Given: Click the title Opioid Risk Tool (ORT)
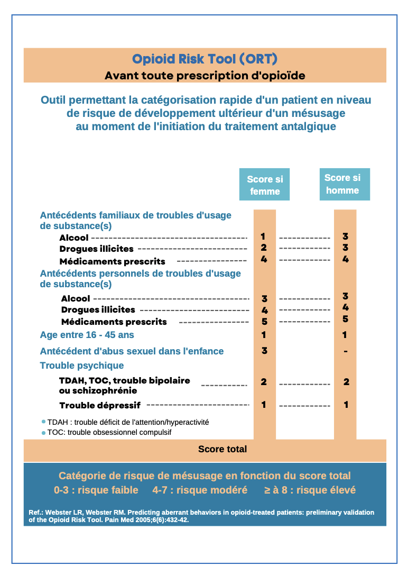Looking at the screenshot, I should pyautogui.click(x=205, y=58).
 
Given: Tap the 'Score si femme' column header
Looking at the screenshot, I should pyautogui.click(x=265, y=185).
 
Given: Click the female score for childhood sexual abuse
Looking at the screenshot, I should pyautogui.click(x=264, y=351).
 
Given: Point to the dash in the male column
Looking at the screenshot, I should pyautogui.click(x=345, y=351).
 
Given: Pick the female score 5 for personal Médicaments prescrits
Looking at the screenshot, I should pyautogui.click(x=264, y=321).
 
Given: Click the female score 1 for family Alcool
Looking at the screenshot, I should pyautogui.click(x=263, y=236).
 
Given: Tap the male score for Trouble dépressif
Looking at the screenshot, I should pyautogui.click(x=346, y=405).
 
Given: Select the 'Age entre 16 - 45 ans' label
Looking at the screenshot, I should pyautogui.click(x=87, y=335).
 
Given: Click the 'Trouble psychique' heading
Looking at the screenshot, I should pyautogui.click(x=82, y=366).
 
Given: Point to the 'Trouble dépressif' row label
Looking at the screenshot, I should pyautogui.click(x=100, y=405).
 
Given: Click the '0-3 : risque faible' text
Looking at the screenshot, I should pyautogui.click(x=96, y=490).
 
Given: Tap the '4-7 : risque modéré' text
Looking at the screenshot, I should pyautogui.click(x=200, y=490).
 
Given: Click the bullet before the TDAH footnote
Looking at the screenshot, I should pyautogui.click(x=43, y=422).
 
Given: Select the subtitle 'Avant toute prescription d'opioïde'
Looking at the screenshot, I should pyautogui.click(x=205, y=75).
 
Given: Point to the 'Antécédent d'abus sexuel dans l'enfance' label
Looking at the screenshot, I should pyautogui.click(x=132, y=351).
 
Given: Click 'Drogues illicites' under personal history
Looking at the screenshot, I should pyautogui.click(x=98, y=309).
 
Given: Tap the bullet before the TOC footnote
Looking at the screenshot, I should pyautogui.click(x=43, y=432).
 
